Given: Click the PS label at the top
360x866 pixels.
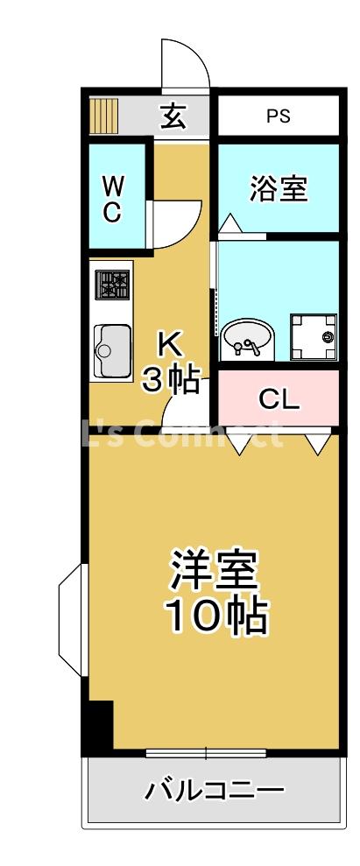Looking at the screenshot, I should point(278,116).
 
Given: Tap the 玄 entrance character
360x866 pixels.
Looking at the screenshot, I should point(173,116).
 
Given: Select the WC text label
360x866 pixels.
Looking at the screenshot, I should point(113,200).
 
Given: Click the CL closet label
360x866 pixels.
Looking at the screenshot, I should point(279,399).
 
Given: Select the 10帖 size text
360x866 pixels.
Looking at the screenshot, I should point(215,617).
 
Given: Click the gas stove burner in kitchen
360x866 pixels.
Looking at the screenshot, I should point(113,285).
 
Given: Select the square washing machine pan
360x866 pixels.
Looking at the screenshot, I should point(314,337).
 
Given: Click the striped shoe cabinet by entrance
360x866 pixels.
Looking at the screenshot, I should point(105,115).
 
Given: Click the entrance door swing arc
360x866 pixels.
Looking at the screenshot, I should point(186,63).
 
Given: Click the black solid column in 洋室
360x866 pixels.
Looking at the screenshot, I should point(99,728).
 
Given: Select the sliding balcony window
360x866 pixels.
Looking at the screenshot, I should point(206,753).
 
